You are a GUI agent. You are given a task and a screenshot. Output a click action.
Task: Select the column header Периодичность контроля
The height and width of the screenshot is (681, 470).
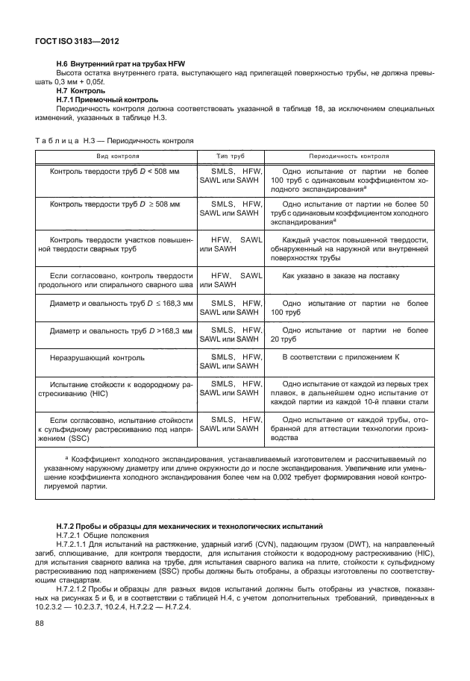[349, 157]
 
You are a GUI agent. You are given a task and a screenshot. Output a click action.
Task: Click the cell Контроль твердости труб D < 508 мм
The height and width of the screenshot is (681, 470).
[115, 172]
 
